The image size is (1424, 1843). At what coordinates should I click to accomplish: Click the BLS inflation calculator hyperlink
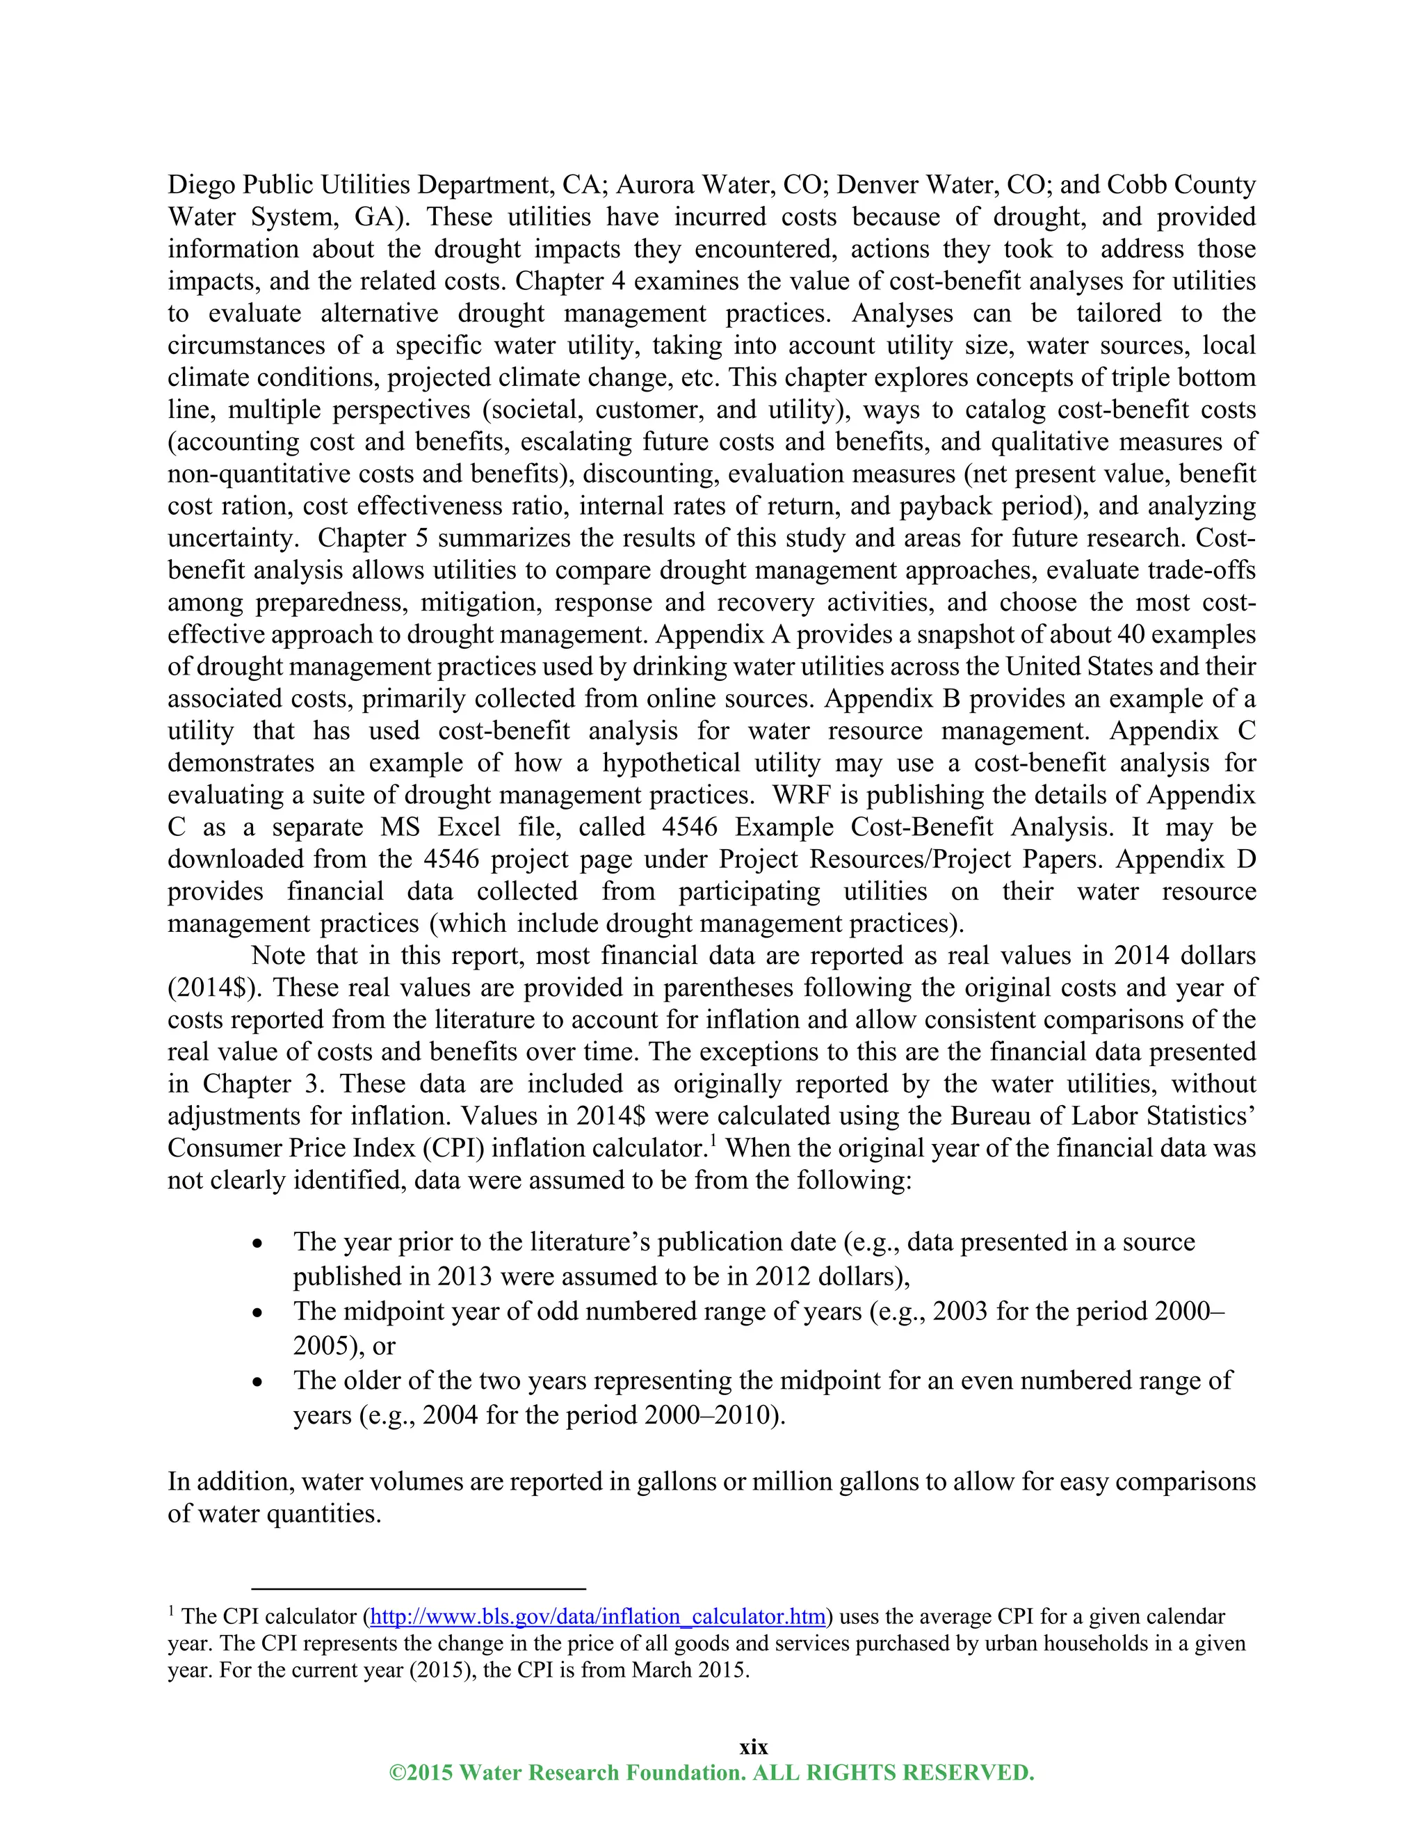tap(597, 1617)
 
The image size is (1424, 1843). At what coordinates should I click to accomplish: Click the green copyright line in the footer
tap(711, 1772)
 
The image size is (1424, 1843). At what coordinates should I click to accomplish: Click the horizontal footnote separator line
tap(419, 1588)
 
